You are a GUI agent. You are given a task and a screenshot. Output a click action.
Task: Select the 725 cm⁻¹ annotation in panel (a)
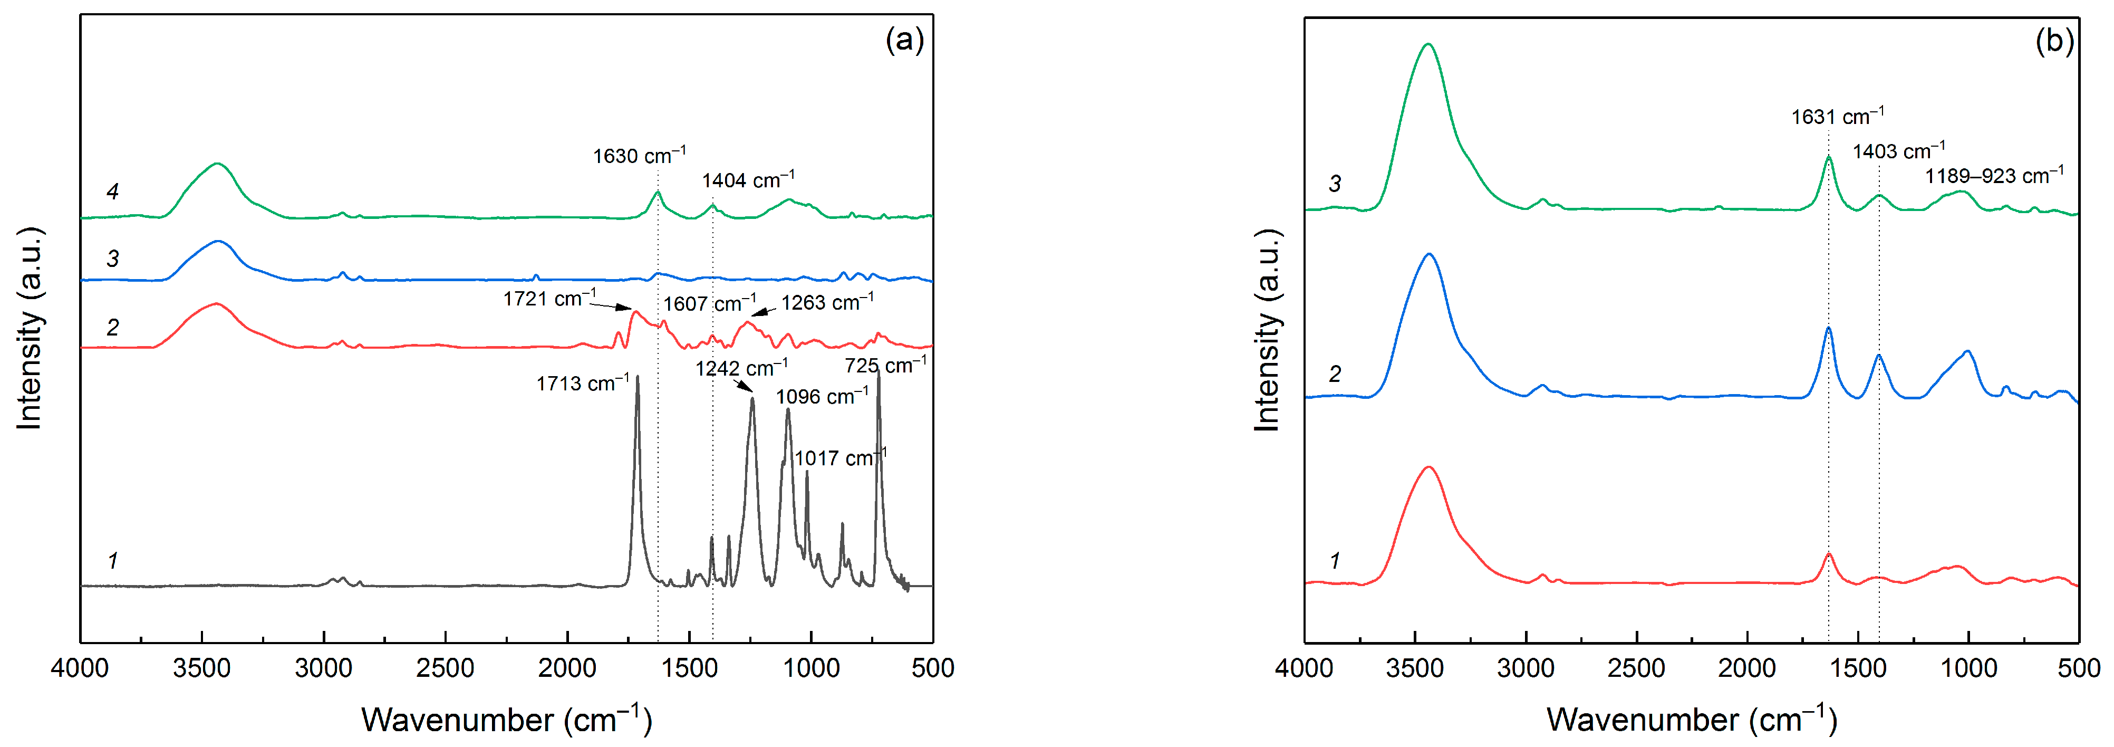[885, 365]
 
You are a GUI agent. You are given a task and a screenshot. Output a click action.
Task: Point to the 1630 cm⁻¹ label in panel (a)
[639, 155]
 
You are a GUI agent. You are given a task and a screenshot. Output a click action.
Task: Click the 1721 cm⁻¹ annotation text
[549, 298]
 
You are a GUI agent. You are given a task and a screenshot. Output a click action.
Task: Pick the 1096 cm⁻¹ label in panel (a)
[822, 397]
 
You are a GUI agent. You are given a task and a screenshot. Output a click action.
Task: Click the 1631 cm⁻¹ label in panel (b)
[1837, 117]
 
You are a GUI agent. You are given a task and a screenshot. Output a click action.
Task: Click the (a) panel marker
[904, 40]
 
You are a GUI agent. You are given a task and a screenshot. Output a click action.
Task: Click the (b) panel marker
[2054, 40]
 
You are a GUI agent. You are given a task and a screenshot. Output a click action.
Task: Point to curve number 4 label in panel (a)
[112, 191]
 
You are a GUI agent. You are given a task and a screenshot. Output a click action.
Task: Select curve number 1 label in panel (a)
[112, 561]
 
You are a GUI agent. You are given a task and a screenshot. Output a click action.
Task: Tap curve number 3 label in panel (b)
[1335, 184]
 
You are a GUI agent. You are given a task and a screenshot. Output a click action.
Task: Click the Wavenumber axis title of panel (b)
[1691, 719]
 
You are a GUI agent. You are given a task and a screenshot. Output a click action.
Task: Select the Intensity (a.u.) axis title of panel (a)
[30, 328]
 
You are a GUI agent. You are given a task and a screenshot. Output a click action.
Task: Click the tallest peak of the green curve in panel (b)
[1428, 44]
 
